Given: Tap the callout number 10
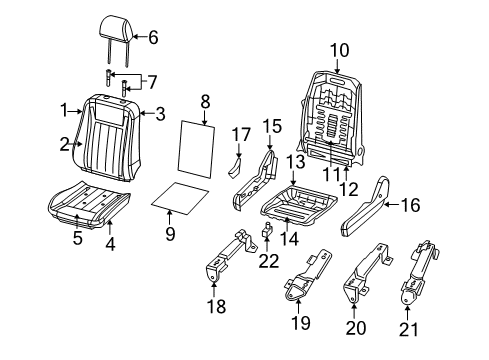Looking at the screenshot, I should pyautogui.click(x=339, y=49).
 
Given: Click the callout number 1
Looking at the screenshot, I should pyautogui.click(x=64, y=110).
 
